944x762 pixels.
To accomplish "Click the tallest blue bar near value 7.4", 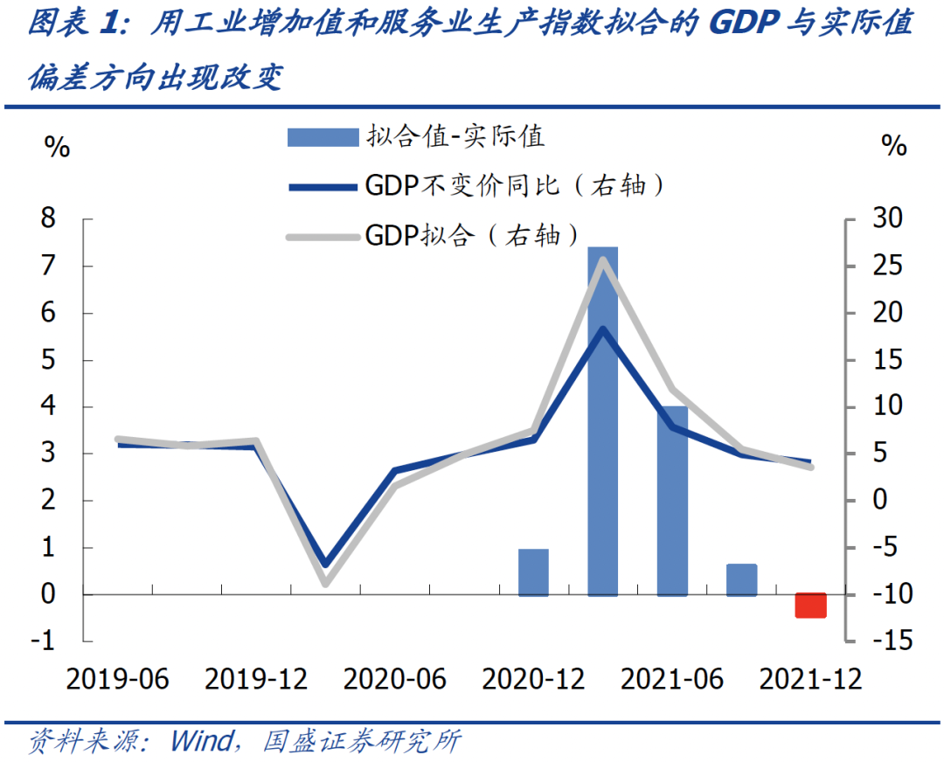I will [x=602, y=419].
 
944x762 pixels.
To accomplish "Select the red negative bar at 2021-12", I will [x=810, y=605].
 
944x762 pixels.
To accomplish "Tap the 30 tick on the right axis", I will [x=891, y=218].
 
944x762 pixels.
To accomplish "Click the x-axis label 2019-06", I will [x=119, y=679].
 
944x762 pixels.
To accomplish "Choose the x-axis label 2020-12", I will [x=533, y=679].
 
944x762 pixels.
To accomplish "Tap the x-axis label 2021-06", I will [x=672, y=679].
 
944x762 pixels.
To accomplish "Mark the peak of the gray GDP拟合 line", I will [x=602, y=260].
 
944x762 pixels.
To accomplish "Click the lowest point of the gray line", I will [x=325, y=582].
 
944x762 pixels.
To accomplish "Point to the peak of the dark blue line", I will [x=602, y=329].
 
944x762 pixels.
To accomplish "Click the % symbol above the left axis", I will [x=56, y=147].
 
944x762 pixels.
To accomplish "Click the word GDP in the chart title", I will [x=744, y=24].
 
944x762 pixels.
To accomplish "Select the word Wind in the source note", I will [x=199, y=742].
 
